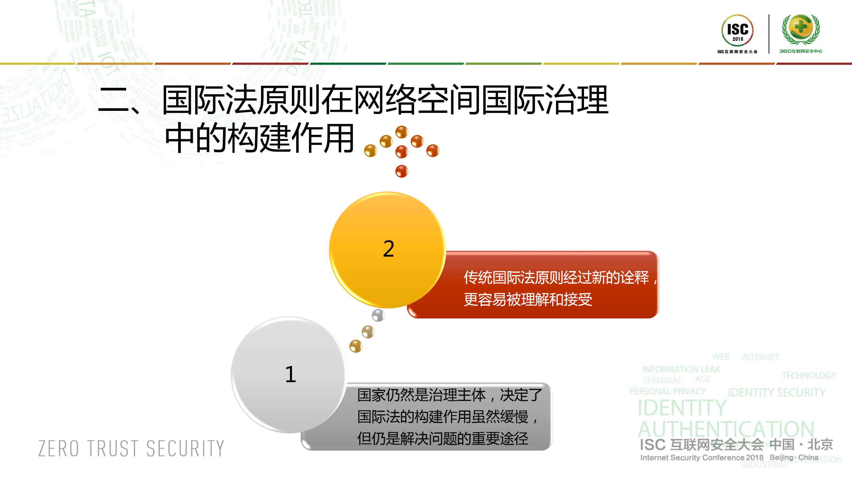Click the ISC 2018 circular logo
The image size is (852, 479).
click(737, 31)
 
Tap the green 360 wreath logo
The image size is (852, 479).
click(801, 29)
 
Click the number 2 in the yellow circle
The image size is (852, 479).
click(389, 249)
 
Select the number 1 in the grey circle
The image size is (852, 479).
click(290, 374)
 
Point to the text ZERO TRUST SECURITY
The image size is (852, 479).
click(131, 448)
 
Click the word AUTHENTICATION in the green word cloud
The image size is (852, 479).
click(726, 429)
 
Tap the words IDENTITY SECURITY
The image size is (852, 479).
click(776, 393)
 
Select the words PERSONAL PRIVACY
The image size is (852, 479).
click(667, 391)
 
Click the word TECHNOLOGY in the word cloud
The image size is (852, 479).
click(809, 375)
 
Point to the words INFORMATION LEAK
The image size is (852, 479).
click(681, 369)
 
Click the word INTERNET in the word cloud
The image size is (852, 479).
click(760, 357)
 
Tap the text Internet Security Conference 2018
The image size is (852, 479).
click(702, 458)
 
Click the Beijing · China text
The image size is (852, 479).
click(794, 457)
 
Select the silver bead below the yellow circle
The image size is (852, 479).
click(378, 315)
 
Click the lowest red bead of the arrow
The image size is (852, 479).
click(402, 171)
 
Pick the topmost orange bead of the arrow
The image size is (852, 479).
click(402, 132)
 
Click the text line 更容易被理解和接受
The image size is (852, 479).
click(528, 299)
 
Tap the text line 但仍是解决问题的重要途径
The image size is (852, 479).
click(442, 438)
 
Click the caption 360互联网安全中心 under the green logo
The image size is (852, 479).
click(800, 51)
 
